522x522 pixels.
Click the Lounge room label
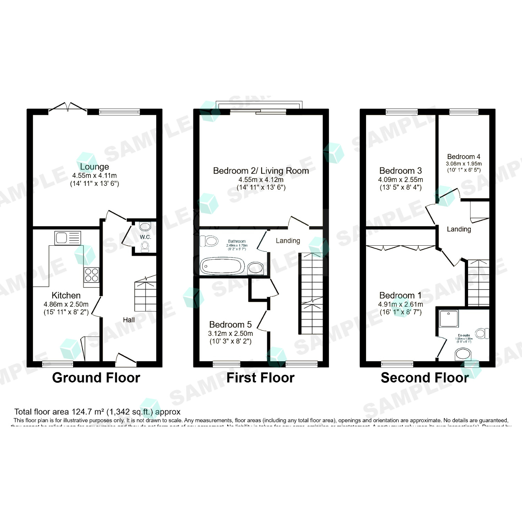(94, 167)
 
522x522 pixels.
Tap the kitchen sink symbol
(68, 238)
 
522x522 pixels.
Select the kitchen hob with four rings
(92, 275)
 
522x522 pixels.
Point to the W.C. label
(145, 237)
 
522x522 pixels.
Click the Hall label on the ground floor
(129, 320)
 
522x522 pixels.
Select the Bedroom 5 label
(230, 325)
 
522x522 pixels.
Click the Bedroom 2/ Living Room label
(261, 171)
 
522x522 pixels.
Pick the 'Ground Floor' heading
(96, 378)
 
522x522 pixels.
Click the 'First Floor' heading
(260, 378)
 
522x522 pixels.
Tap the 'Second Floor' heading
(425, 378)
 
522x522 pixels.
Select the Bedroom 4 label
(464, 157)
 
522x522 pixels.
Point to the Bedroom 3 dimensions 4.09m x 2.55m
(401, 180)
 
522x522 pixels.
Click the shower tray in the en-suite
(449, 318)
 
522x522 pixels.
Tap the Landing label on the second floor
(459, 229)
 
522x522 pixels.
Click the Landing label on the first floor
(288, 241)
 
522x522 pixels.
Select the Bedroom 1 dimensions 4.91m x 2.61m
(401, 304)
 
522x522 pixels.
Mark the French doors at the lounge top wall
(68, 107)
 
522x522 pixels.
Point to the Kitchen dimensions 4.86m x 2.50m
(66, 304)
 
